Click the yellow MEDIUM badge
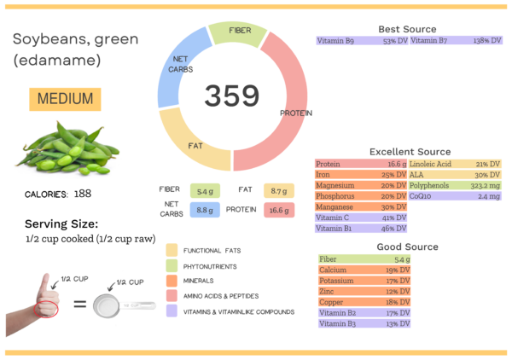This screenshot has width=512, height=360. (x=65, y=99)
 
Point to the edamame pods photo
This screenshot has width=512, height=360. (x=67, y=148)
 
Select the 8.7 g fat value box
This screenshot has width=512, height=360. (x=278, y=191)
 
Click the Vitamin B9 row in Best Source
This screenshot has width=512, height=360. (x=361, y=40)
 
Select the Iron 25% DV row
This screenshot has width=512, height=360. (x=361, y=174)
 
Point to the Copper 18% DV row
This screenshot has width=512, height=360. (x=361, y=302)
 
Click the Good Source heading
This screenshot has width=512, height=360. (x=408, y=247)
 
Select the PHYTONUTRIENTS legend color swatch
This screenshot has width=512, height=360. (x=172, y=265)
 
